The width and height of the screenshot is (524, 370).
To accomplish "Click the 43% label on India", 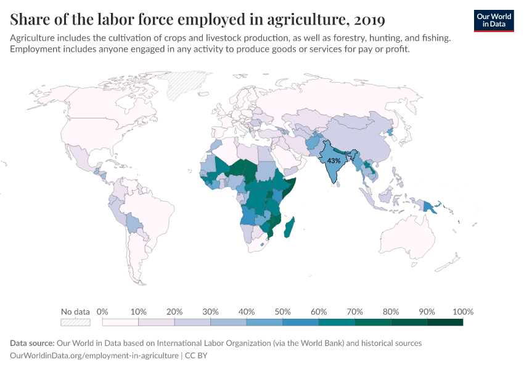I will pyautogui.click(x=334, y=160).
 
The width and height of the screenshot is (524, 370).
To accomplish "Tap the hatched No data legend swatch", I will pyautogui.click(x=75, y=322).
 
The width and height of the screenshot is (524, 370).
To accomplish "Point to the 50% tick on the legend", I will pyautogui.click(x=282, y=311).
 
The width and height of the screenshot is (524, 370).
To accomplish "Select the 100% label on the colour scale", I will pyautogui.click(x=462, y=311).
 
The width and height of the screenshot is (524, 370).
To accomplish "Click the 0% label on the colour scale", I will pyautogui.click(x=103, y=311).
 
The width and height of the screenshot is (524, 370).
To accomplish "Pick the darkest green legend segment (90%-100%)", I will pyautogui.click(x=444, y=322).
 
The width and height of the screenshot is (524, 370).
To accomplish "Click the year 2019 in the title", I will pyautogui.click(x=366, y=20).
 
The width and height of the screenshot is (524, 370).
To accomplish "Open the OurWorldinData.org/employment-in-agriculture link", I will pyautogui.click(x=94, y=356).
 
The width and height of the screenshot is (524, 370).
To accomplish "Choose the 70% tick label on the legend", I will pyautogui.click(x=354, y=311).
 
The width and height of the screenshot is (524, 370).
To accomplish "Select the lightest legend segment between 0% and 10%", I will pyautogui.click(x=120, y=322).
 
